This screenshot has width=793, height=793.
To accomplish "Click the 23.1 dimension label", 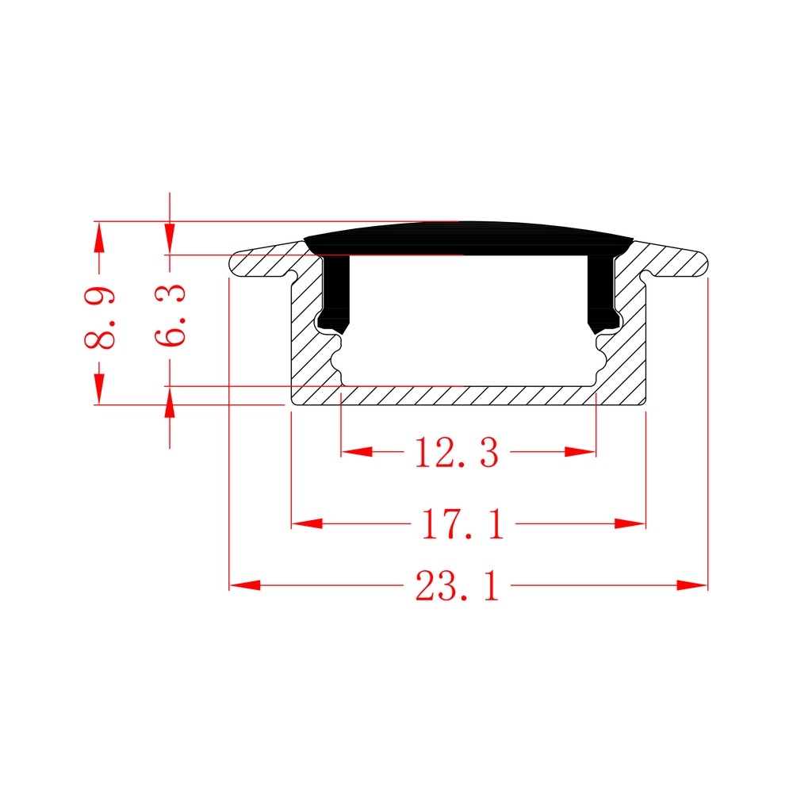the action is (x=458, y=586).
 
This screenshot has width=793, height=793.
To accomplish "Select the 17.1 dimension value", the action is (x=462, y=524).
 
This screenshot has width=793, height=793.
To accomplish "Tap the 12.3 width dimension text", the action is (x=456, y=452).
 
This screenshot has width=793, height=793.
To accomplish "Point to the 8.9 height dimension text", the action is (x=100, y=318).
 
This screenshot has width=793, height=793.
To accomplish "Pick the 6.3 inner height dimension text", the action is (x=170, y=315).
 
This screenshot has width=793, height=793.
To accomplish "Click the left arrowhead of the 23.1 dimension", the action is (x=245, y=585).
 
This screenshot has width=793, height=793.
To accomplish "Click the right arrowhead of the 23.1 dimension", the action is (x=691, y=585).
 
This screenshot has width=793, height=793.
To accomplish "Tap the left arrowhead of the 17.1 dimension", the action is (x=307, y=523).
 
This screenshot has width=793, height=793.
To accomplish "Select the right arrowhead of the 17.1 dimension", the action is (x=630, y=523).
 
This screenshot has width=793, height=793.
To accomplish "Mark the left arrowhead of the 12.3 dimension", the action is (x=357, y=451).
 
